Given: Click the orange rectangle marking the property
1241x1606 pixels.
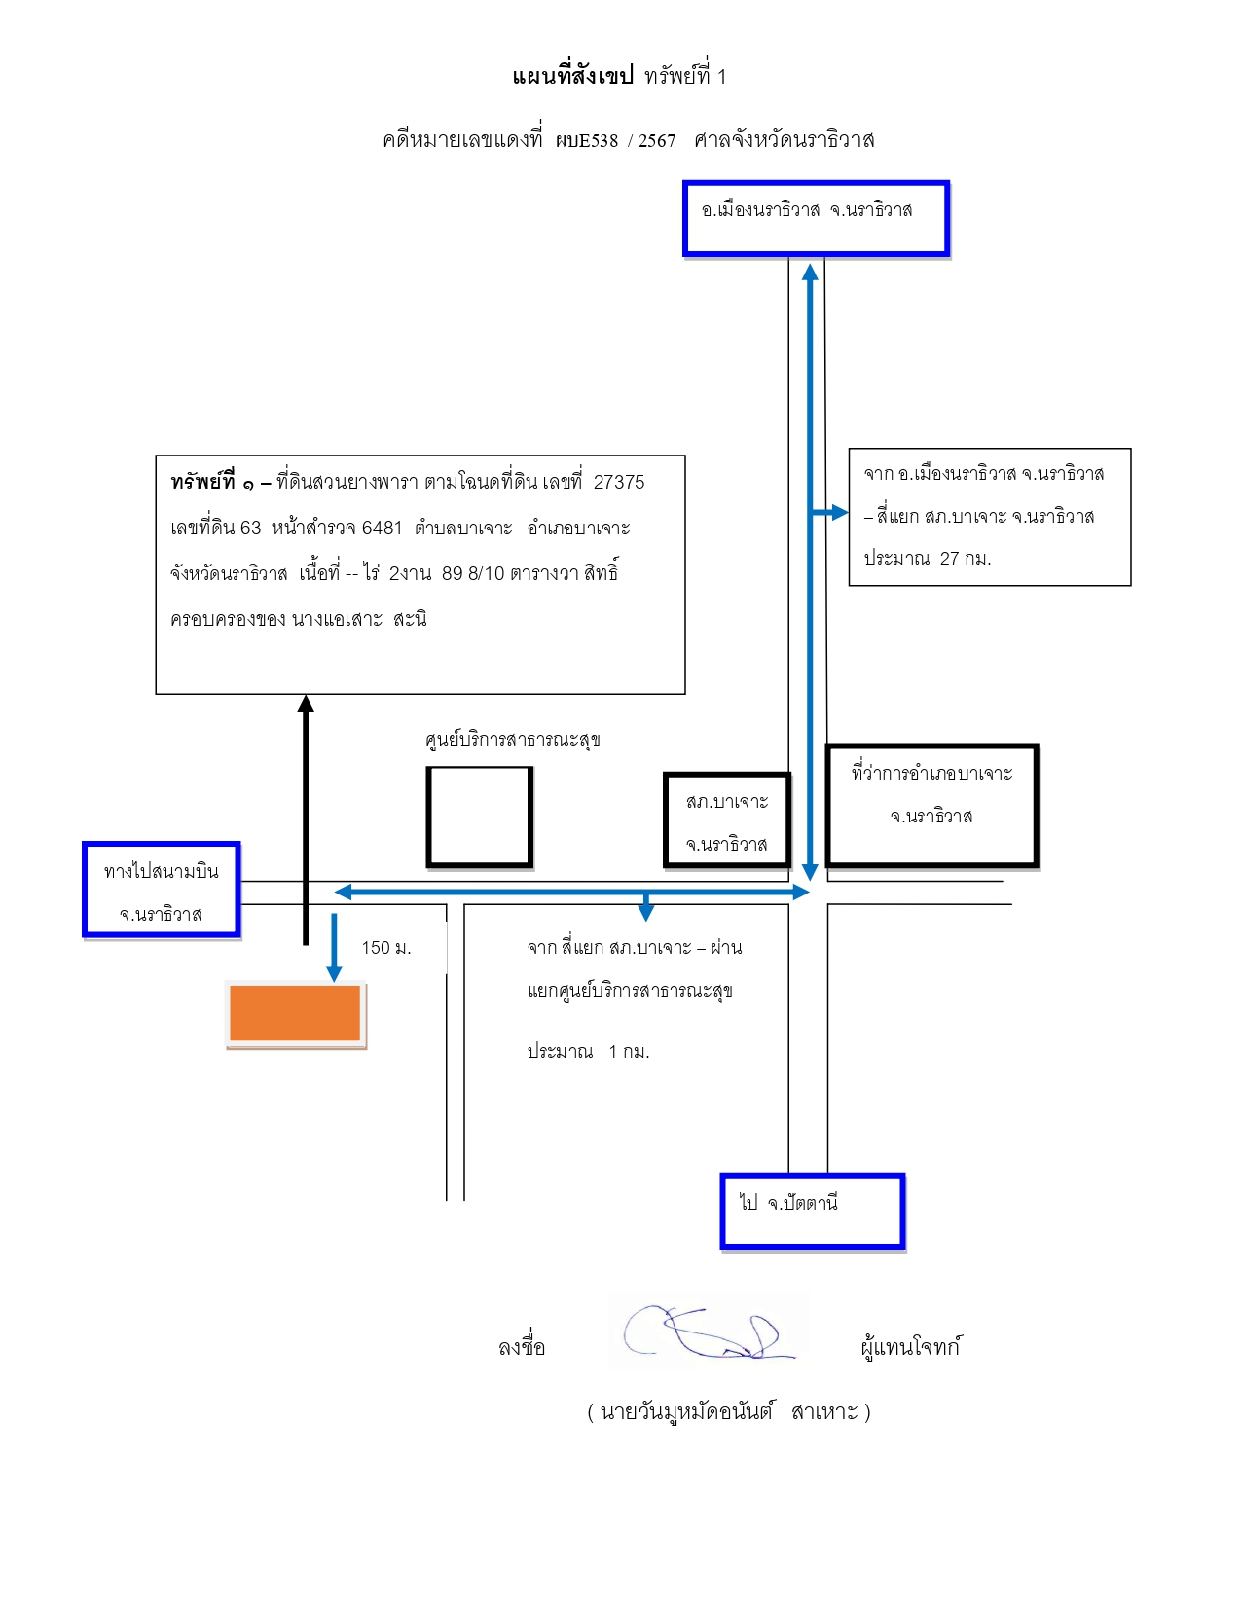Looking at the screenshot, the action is pyautogui.click(x=295, y=1013).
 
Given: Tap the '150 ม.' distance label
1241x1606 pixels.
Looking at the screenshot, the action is pyautogui.click(x=385, y=947).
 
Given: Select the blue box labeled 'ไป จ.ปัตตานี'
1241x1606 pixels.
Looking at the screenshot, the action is pyautogui.click(x=813, y=1211).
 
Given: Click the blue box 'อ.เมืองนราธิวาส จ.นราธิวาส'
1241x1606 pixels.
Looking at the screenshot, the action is pyautogui.click(x=816, y=219).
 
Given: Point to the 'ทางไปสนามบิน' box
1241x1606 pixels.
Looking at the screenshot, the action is pyautogui.click(x=162, y=890).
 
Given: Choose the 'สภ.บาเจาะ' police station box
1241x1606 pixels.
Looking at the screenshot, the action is pyautogui.click(x=727, y=821).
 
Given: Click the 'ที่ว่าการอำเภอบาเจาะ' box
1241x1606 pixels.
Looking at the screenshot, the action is pyautogui.click(x=932, y=805).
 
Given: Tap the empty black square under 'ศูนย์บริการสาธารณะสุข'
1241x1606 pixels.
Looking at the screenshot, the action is pyautogui.click(x=480, y=817).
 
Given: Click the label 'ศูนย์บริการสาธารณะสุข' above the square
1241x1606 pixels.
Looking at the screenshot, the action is pyautogui.click(x=512, y=740).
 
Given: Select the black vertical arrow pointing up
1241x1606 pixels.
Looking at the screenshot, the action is pyautogui.click(x=306, y=821).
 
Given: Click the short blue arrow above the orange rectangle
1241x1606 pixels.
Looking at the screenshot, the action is pyautogui.click(x=334, y=948).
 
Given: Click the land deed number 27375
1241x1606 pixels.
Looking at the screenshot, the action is pyautogui.click(x=619, y=482).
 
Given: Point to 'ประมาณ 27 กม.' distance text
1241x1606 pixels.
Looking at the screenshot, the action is pyautogui.click(x=928, y=559).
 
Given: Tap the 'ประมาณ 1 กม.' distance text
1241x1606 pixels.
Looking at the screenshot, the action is pyautogui.click(x=588, y=1052).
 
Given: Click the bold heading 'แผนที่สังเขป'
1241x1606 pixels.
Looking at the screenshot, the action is pyautogui.click(x=573, y=76).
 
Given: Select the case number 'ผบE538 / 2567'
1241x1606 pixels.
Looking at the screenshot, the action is pyautogui.click(x=616, y=140).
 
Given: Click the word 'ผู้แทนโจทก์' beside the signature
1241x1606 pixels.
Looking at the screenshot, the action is pyautogui.click(x=911, y=1346).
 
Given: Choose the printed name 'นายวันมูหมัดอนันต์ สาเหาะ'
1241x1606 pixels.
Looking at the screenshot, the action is pyautogui.click(x=729, y=1412).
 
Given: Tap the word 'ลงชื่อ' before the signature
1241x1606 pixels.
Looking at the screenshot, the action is pyautogui.click(x=522, y=1346).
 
